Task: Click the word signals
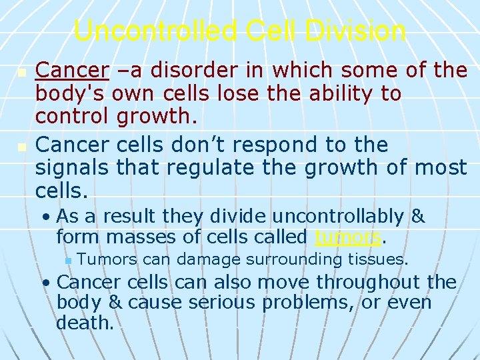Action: (73, 168)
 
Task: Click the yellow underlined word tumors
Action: (347, 237)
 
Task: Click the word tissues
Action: (381, 259)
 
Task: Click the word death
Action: (85, 323)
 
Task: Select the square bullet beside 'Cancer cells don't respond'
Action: (21, 145)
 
